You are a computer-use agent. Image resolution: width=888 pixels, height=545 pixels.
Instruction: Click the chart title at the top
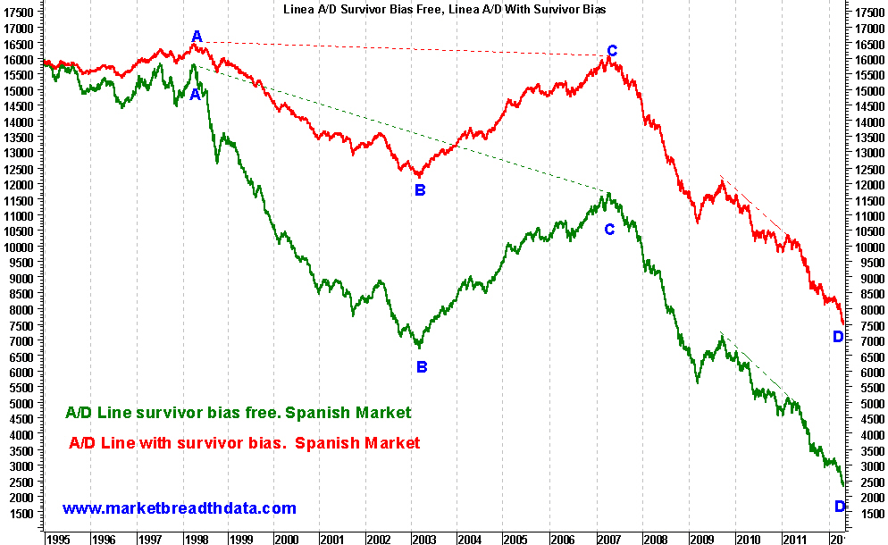tap(443, 8)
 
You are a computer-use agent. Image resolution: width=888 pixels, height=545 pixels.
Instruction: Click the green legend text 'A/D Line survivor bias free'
tap(239, 413)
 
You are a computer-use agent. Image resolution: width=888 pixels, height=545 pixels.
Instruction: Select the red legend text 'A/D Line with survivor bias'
tap(244, 442)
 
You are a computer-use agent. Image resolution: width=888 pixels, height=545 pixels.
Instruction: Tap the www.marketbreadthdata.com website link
tap(179, 508)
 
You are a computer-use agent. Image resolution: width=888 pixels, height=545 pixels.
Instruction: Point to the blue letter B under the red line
tap(421, 189)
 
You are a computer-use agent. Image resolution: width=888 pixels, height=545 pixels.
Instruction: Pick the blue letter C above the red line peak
tap(612, 51)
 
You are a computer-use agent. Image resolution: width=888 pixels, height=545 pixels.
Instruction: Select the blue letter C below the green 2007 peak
tap(609, 229)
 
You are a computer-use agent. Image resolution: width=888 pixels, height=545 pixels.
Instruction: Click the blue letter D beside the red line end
tap(838, 337)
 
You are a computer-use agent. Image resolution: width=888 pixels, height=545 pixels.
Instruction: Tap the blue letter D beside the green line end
tap(840, 507)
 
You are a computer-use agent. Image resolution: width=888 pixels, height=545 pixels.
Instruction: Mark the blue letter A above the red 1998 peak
tap(197, 37)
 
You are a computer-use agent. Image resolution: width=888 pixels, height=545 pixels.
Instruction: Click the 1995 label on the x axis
tap(57, 540)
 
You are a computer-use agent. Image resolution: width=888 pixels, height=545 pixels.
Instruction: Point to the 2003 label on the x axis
tap(423, 540)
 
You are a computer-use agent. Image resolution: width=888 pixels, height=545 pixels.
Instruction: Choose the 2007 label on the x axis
tap(607, 540)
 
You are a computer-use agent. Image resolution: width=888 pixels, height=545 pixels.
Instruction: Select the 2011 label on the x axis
tap(791, 540)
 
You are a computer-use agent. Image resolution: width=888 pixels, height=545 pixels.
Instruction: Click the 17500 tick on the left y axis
tap(21, 13)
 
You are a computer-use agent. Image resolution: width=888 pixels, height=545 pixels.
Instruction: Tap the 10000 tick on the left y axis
tap(21, 247)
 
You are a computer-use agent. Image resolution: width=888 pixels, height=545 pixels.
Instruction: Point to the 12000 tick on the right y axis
tap(868, 185)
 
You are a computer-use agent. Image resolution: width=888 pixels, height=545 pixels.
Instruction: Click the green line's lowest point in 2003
tap(418, 347)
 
